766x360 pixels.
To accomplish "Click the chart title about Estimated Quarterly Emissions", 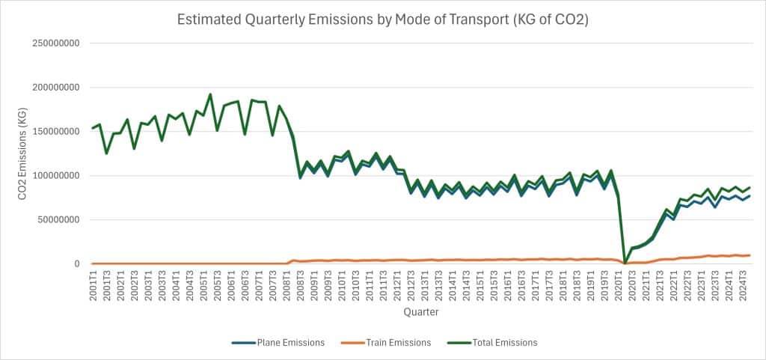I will pyautogui.click(x=382, y=19).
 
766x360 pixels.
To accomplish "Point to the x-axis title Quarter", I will pyautogui.click(x=420, y=311).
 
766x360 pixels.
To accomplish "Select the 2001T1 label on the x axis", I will pyautogui.click(x=93, y=284).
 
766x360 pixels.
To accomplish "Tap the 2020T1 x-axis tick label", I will pyautogui.click(x=618, y=284).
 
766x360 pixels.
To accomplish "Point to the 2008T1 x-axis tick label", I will pyautogui.click(x=287, y=284).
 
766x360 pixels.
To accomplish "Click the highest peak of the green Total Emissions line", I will pyautogui.click(x=209, y=94).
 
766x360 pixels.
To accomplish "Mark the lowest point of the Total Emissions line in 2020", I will pyautogui.click(x=625, y=263).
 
